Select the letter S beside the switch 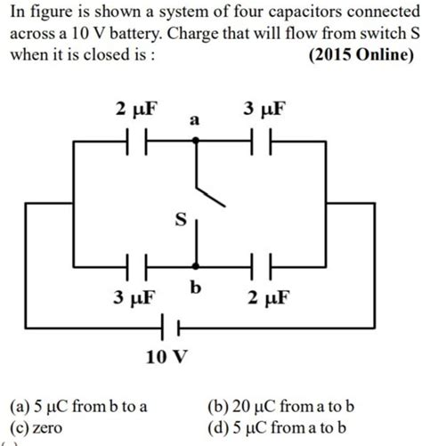point(179,220)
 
